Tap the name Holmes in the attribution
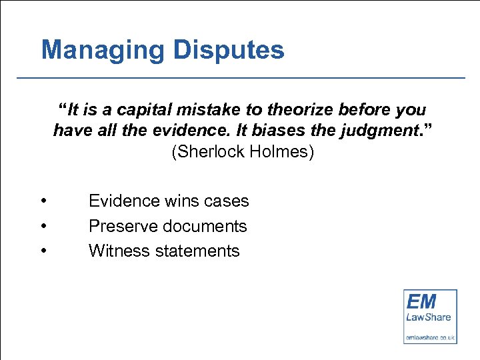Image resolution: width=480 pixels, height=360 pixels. tap(281, 152)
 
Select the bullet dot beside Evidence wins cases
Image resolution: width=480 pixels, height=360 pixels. tap(43, 201)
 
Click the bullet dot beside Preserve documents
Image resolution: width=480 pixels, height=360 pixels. tap(43, 226)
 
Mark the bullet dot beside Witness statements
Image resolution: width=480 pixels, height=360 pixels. tap(43, 251)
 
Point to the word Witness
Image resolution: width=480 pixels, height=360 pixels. tap(117, 251)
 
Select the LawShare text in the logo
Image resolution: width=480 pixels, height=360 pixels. tap(429, 317)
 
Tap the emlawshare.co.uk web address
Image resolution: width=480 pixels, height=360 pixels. tap(430, 337)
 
